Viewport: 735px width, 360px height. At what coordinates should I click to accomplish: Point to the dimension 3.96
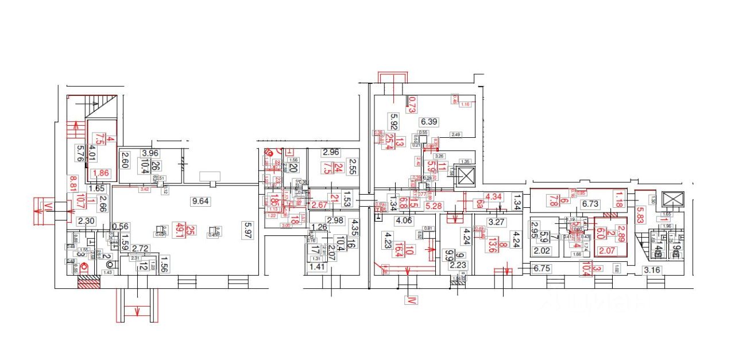pos(149,153)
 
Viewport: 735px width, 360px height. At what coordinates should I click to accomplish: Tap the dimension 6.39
pos(429,122)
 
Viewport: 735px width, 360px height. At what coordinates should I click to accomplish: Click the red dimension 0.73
pos(412,104)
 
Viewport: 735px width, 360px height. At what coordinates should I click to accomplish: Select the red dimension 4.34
pos(494,197)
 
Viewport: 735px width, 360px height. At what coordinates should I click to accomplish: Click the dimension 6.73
pos(590,204)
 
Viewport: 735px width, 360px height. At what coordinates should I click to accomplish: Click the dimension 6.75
pos(541,268)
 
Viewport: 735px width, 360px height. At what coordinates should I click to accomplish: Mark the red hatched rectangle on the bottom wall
pos(88,282)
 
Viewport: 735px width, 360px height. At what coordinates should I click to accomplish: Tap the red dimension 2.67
pos(319,205)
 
